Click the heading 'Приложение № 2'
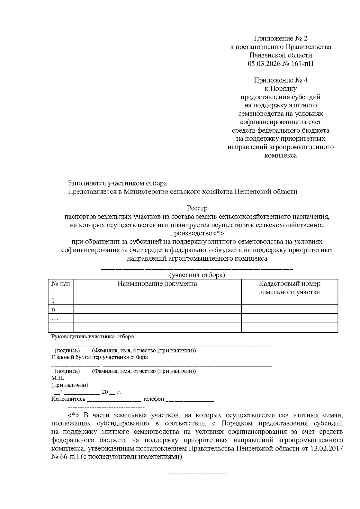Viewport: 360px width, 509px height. click(280, 38)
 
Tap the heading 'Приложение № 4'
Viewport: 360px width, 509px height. click(280, 80)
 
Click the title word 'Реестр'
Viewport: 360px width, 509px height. click(197, 208)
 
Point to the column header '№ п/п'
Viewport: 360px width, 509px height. click(61, 284)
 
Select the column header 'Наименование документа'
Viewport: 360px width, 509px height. click(157, 284)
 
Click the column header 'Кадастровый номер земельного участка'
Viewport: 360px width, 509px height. click(289, 288)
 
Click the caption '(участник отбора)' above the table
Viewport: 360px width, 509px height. click(197, 275)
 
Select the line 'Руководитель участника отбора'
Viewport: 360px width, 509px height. click(92, 337)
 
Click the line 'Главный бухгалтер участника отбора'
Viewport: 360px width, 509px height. click(99, 357)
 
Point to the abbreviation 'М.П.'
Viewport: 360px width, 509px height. click(58, 378)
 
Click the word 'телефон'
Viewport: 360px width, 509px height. click(153, 399)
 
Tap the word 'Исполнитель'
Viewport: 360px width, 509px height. click(68, 399)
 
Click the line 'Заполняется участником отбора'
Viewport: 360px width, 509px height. click(117, 183)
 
